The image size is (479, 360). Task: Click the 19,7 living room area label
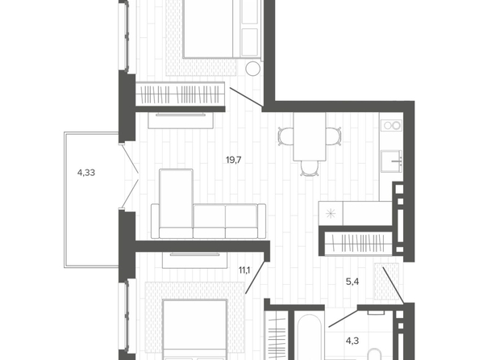coord(233,160)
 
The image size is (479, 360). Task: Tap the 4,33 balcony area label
coord(86,173)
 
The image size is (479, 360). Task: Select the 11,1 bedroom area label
coord(244,270)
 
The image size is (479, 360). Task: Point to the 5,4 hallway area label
coord(352,282)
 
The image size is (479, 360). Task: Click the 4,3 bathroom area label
coord(352,341)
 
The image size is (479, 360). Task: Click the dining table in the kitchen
coord(310,136)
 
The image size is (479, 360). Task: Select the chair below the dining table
coord(309,168)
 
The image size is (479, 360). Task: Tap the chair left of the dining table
coord(285,136)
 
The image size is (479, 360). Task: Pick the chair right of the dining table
coord(333,136)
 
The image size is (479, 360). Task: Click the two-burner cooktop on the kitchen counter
coord(392,125)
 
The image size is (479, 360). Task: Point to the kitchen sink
coord(392,161)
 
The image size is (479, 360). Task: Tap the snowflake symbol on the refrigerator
coord(331,213)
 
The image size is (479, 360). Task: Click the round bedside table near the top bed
coord(253,69)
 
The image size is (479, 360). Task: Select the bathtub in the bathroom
coord(310,337)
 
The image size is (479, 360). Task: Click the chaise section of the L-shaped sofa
coord(177,203)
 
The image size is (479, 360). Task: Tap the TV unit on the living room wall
coord(181,120)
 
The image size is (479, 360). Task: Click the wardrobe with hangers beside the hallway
coord(358,244)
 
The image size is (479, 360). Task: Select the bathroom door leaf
coord(343,319)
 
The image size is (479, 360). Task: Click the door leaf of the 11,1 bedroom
coord(255,277)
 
